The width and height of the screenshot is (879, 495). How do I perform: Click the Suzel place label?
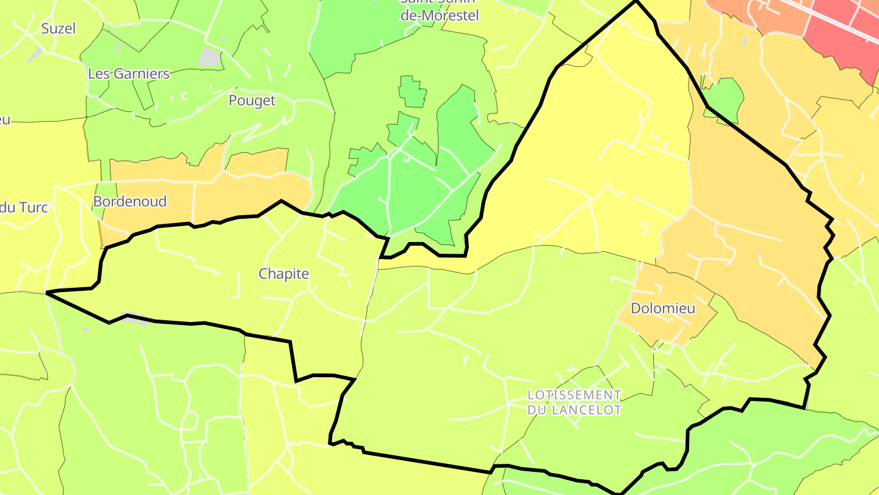coord(58,28)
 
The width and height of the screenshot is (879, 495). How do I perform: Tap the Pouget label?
coord(252,100)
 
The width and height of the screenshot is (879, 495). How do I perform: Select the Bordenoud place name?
coord(129,202)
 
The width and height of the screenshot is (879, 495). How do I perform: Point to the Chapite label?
coord(284,274)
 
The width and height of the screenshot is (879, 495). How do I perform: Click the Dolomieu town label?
coord(663,308)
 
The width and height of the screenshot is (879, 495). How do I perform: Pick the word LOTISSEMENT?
coord(574,395)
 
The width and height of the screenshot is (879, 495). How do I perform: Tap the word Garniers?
coord(142,74)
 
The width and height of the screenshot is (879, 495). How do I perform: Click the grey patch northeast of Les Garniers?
coord(209,57)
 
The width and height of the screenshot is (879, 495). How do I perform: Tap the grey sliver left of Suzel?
coord(35,54)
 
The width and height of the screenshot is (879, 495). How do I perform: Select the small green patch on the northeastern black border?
coord(725,98)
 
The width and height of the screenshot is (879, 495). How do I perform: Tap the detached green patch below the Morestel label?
coord(413,92)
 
